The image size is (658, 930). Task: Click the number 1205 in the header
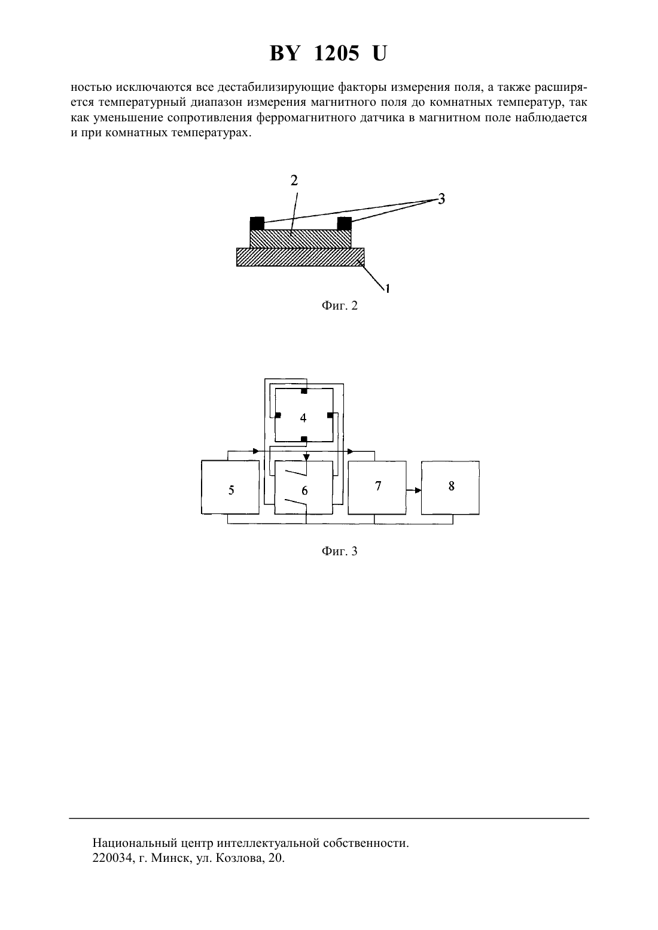(x=336, y=53)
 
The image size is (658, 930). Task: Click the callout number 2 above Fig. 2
(x=294, y=181)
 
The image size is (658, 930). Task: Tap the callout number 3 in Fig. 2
(x=441, y=199)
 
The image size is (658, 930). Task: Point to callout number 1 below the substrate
(x=388, y=287)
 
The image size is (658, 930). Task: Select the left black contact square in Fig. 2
(x=257, y=224)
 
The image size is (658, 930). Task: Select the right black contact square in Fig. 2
(x=345, y=224)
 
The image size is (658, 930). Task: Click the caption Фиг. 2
(x=339, y=306)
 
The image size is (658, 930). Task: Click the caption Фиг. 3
(x=339, y=551)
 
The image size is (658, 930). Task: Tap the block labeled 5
(x=230, y=488)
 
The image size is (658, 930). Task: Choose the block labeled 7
(x=377, y=488)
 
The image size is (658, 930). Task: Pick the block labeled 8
(x=450, y=488)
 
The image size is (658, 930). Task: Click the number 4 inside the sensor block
(x=303, y=418)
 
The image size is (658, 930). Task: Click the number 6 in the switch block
(x=304, y=491)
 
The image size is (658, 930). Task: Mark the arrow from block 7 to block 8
(x=414, y=490)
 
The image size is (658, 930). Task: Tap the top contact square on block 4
(x=304, y=391)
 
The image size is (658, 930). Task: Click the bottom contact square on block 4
(x=304, y=439)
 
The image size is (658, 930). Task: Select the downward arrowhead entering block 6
(x=306, y=457)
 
